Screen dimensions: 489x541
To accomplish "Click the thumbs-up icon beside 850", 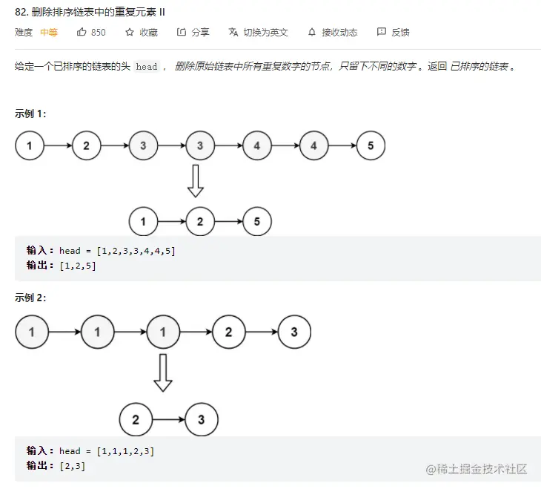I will point(82,32).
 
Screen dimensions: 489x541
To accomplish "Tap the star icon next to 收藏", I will point(130,32).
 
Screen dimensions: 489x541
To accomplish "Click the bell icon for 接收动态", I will point(311,32).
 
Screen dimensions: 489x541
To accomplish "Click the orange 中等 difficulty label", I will point(49,32).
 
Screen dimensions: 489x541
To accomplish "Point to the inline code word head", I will point(147,67).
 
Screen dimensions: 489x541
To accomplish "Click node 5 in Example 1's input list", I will point(371,145).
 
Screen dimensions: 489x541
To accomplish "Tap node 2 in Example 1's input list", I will point(87,145).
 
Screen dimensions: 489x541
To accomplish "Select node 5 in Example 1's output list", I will point(257,221).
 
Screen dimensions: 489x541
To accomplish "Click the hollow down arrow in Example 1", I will point(196,181).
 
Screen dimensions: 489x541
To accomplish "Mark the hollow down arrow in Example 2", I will point(163,373).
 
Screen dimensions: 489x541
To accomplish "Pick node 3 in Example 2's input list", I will point(294,332).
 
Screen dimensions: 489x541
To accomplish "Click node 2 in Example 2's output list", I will point(136,420).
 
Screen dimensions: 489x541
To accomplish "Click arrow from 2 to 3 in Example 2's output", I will point(168,420).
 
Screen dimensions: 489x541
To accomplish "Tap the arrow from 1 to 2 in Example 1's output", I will point(172,221).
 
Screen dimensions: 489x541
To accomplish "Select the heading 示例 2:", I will point(30,298).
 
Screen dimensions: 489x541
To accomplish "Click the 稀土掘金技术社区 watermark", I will point(476,469).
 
